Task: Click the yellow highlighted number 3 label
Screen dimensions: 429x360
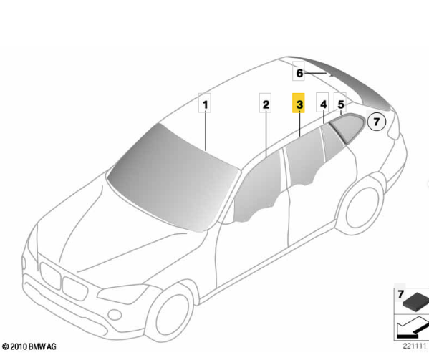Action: point(299,103)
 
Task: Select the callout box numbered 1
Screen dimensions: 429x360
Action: point(205,103)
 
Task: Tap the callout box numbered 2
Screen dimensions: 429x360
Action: point(266,103)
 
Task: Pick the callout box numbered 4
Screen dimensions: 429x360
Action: point(322,102)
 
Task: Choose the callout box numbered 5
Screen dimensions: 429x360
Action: point(340,102)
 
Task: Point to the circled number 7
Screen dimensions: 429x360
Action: point(377,122)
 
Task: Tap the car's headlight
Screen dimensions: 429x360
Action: point(122,294)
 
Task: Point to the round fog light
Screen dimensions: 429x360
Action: point(115,315)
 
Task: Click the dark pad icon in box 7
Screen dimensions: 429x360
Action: point(416,303)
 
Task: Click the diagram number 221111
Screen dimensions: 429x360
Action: point(415,346)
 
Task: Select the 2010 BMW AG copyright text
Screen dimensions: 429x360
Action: point(29,346)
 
